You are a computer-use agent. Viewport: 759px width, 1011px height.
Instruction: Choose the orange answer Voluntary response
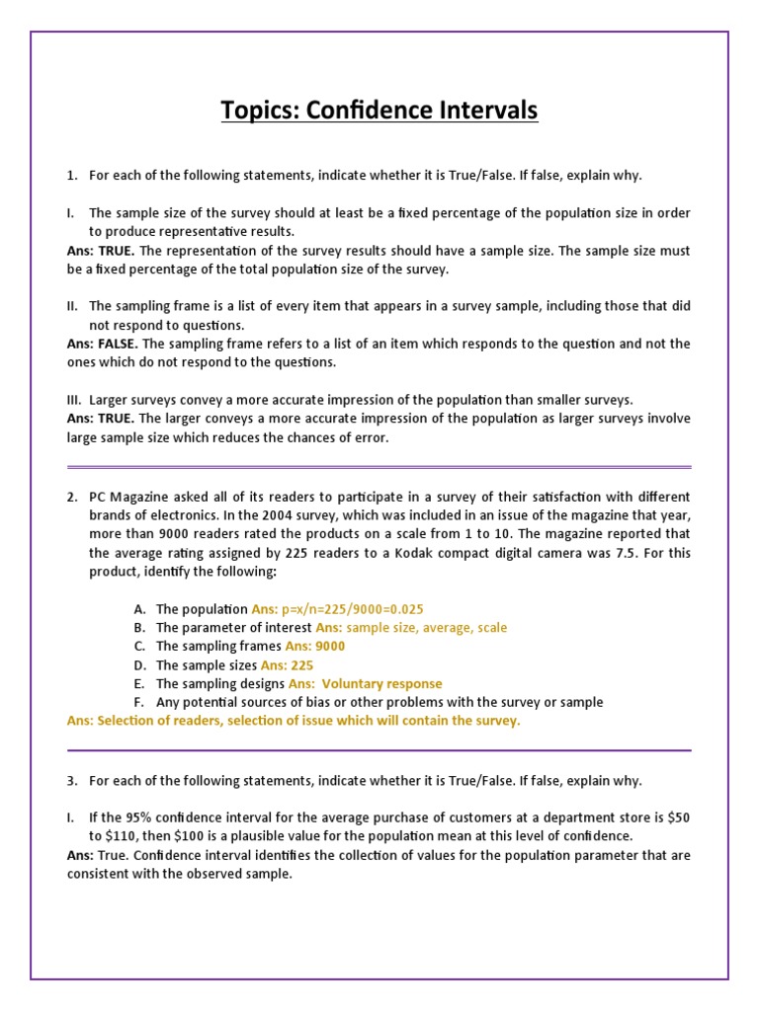[x=381, y=683]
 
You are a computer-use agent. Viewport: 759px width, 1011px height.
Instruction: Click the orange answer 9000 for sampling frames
[x=330, y=646]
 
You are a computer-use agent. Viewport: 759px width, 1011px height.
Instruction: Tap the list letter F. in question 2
[x=139, y=702]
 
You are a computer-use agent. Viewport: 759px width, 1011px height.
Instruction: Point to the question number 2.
[x=72, y=496]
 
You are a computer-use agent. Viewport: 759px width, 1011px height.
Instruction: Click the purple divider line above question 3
[x=379, y=750]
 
